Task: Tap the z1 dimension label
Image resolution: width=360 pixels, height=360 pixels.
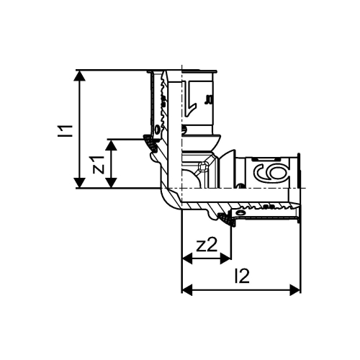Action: click(100, 164)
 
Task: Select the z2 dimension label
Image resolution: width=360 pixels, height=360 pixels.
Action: click(207, 244)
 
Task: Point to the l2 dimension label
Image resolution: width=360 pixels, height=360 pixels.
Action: click(242, 276)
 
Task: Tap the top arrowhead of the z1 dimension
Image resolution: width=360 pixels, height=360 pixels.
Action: click(112, 143)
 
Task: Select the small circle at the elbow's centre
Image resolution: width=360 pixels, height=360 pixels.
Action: click(202, 171)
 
